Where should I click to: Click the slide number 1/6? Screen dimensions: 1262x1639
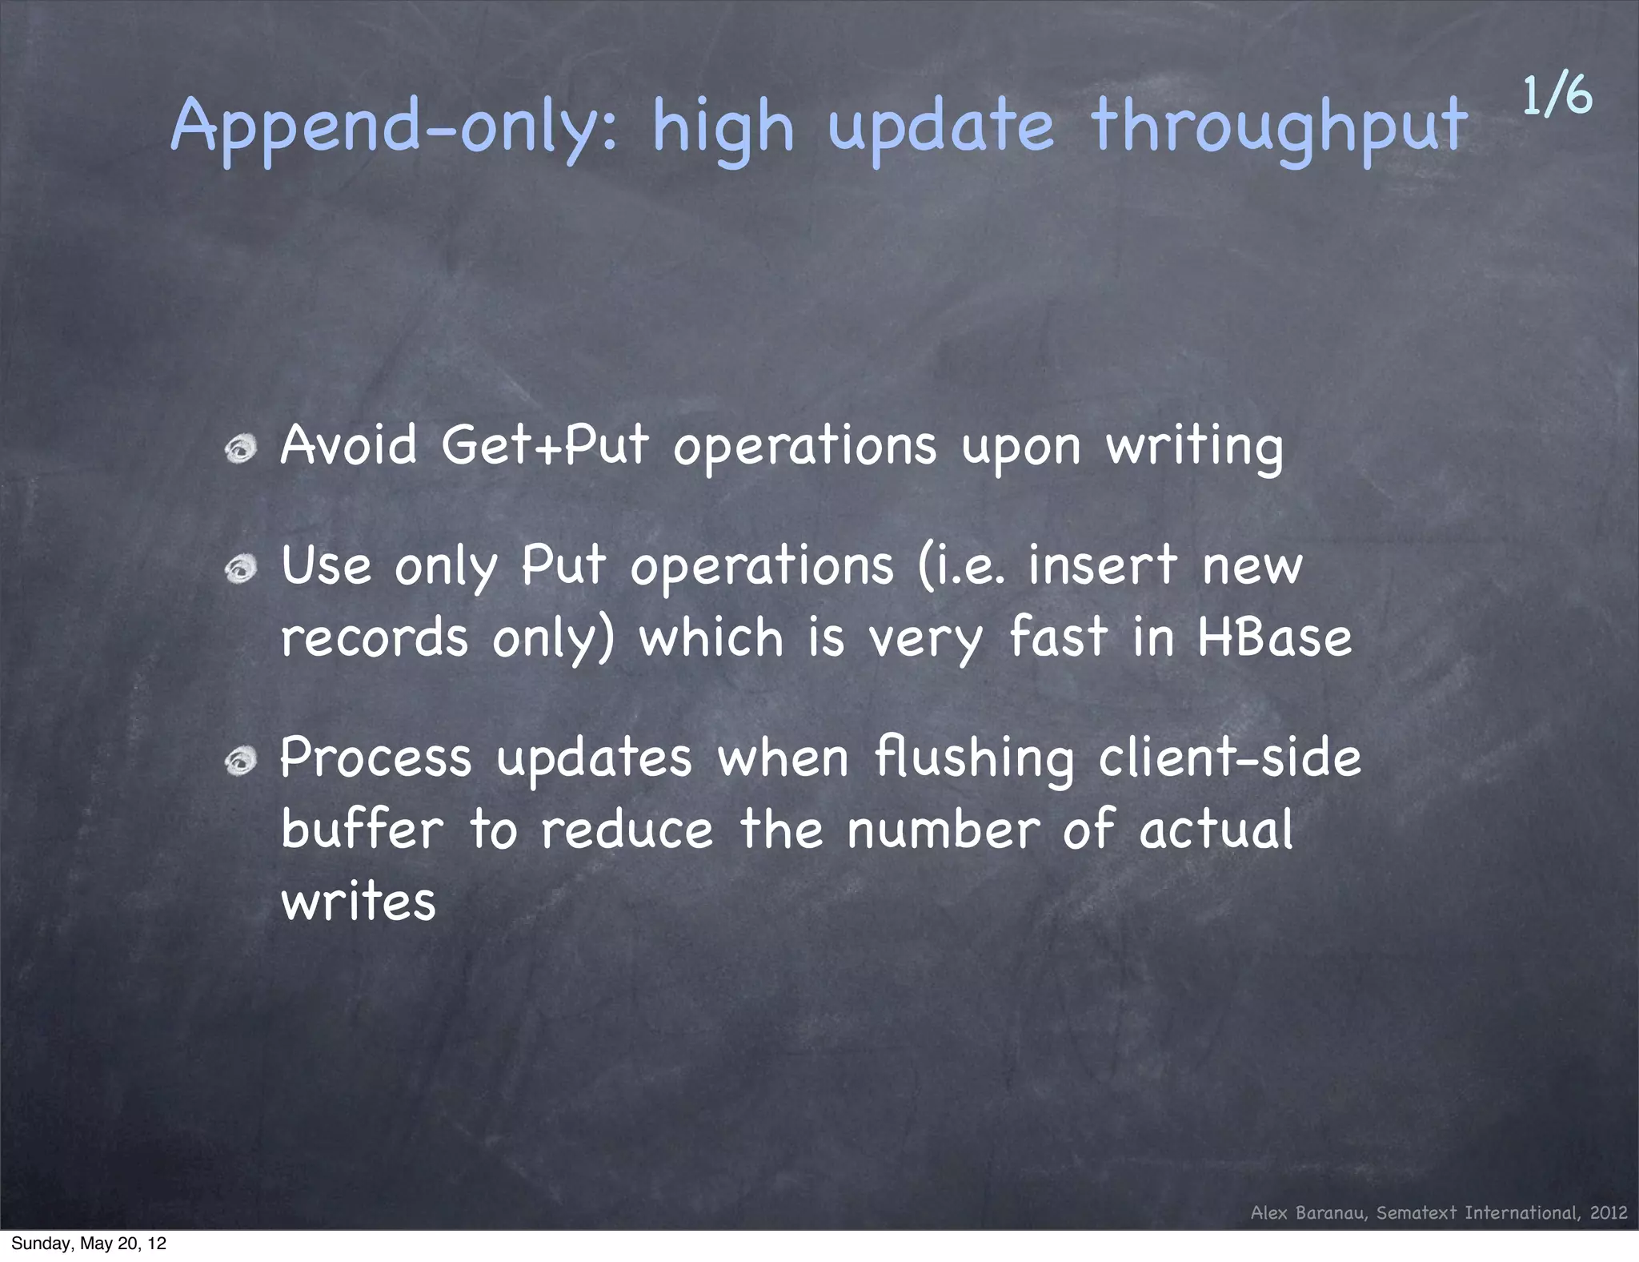pyautogui.click(x=1557, y=96)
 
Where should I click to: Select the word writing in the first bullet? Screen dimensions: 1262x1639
pyautogui.click(x=1194, y=447)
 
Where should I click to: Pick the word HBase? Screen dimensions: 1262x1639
pyautogui.click(x=1274, y=638)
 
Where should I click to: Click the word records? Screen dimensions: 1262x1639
pyautogui.click(x=374, y=638)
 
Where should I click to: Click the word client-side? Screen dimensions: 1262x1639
pyautogui.click(x=1229, y=758)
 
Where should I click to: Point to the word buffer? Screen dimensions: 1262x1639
pyautogui.click(x=362, y=830)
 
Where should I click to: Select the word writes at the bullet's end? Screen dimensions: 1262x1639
pyautogui.click(x=358, y=902)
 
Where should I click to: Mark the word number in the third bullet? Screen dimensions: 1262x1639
pyautogui.click(x=943, y=830)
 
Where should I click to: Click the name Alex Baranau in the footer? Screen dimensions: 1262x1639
pyautogui.click(x=1310, y=1212)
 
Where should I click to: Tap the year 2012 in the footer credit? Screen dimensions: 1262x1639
pyautogui.click(x=1609, y=1212)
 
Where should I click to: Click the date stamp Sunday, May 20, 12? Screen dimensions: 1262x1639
pyautogui.click(x=89, y=1244)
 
